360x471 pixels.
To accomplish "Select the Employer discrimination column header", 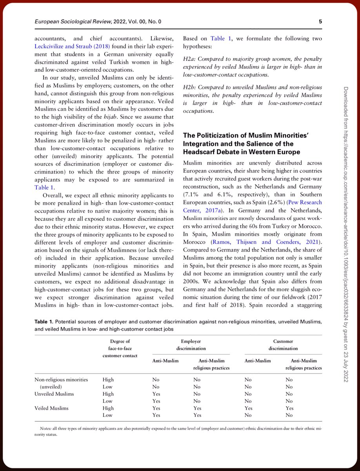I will [x=191, y=345].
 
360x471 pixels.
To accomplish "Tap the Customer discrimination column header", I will [x=283, y=345].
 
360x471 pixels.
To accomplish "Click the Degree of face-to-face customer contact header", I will [x=120, y=349].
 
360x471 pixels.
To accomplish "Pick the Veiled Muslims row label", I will [x=51, y=408].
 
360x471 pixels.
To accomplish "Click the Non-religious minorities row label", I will [x=61, y=380].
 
